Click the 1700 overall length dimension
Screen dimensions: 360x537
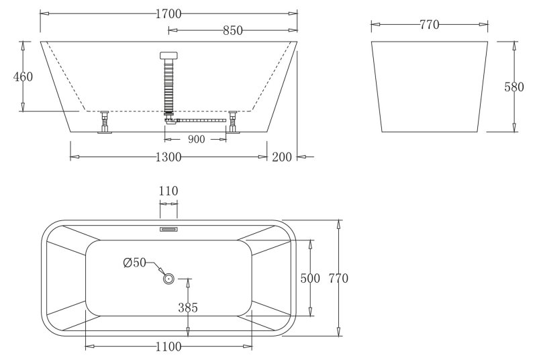[x=168, y=13]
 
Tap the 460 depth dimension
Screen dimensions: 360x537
[x=23, y=77]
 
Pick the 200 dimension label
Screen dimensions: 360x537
[x=283, y=157]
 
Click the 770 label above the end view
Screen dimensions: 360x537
[x=429, y=25]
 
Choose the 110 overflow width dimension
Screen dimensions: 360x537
[x=168, y=191]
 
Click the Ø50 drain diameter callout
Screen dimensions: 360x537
[x=134, y=263]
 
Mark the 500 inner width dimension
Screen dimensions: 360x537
[x=310, y=278]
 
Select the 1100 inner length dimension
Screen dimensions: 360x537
[x=168, y=347]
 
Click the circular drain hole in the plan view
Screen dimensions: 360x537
[x=168, y=278]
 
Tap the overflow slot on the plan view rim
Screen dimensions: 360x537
[x=168, y=229]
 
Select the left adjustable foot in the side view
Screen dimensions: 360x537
[x=105, y=123]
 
